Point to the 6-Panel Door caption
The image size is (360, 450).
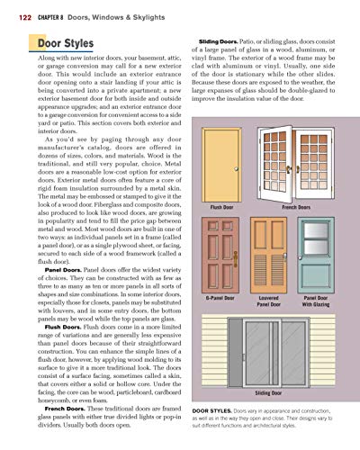(220, 296)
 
